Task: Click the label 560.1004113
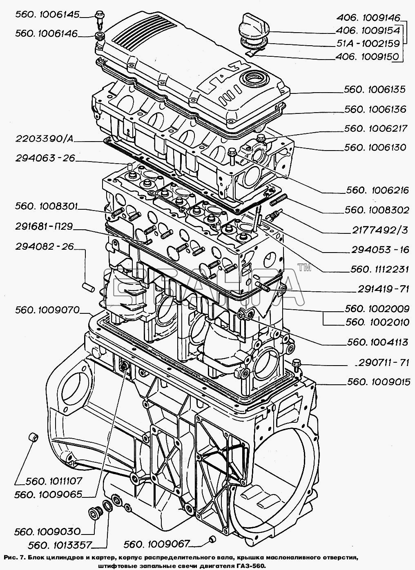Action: point(377,343)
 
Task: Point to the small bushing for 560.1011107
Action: point(33,438)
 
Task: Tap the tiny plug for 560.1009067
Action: point(212,540)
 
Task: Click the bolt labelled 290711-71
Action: point(297,363)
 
